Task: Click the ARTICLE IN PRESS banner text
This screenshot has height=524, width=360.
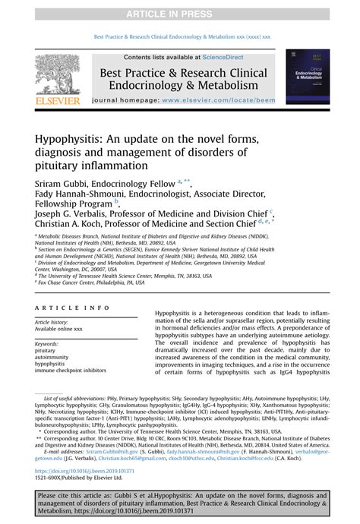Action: click(179, 14)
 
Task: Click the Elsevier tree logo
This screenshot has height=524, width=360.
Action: click(58, 76)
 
